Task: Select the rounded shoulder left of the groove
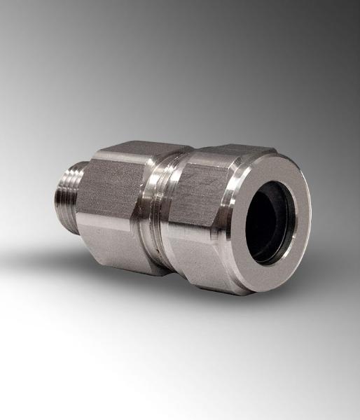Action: [x=148, y=210]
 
